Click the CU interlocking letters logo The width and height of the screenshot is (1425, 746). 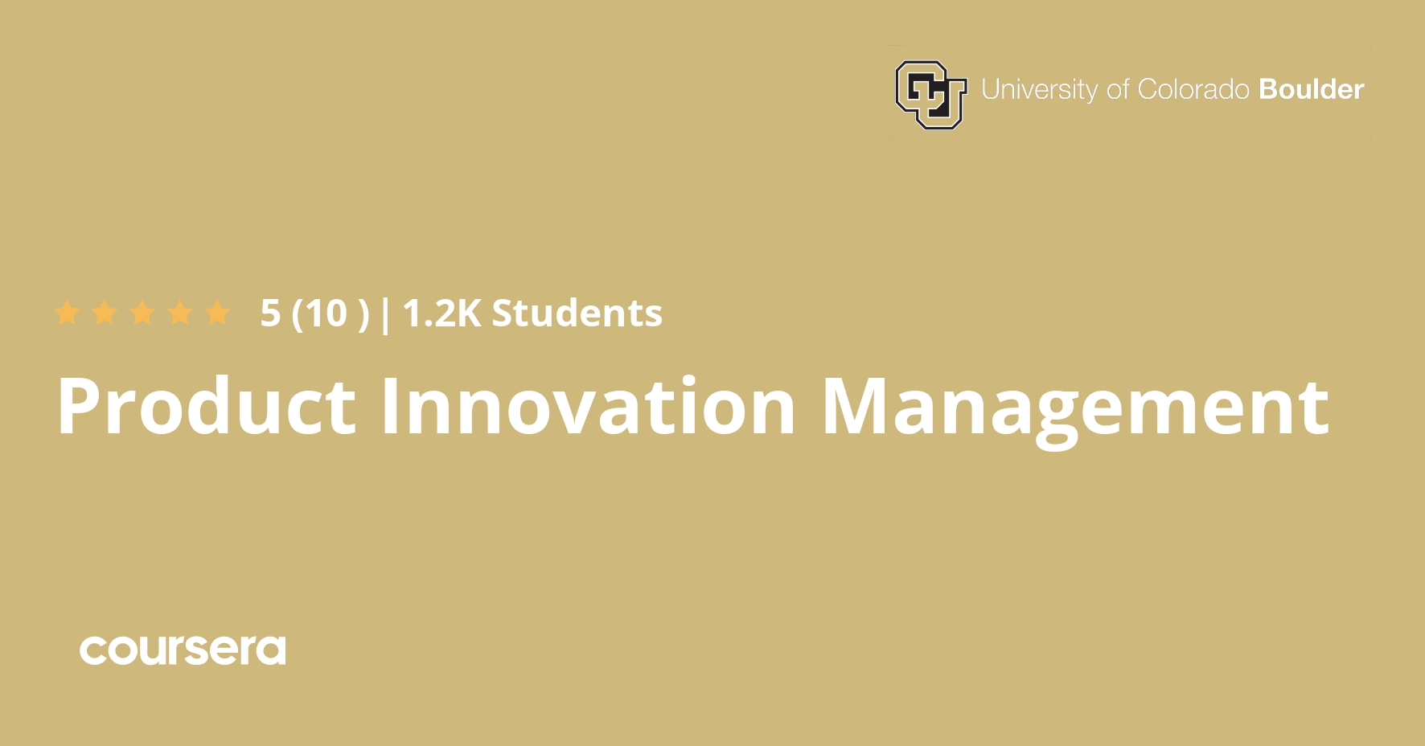(x=930, y=94)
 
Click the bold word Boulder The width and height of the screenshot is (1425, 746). (x=1311, y=89)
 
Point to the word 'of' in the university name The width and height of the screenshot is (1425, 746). (x=1118, y=89)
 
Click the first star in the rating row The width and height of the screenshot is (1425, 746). (x=68, y=313)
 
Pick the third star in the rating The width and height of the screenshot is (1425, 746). (x=142, y=313)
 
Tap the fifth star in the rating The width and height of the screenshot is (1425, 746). (x=217, y=313)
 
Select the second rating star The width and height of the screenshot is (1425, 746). (x=105, y=313)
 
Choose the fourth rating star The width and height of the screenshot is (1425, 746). (x=180, y=313)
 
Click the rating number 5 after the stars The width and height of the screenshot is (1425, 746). (x=270, y=314)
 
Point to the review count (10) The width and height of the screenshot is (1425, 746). (x=330, y=314)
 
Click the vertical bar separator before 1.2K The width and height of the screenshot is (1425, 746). (x=385, y=314)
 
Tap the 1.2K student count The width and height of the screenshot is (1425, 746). (x=441, y=314)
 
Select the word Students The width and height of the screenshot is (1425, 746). (x=577, y=314)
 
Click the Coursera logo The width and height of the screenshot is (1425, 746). (x=183, y=650)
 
